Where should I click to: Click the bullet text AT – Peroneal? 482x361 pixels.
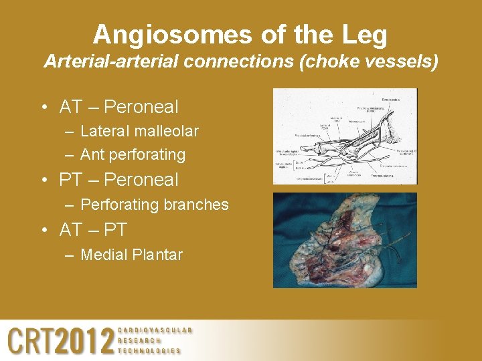click(x=118, y=107)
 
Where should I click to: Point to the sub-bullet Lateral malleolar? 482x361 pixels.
click(x=139, y=131)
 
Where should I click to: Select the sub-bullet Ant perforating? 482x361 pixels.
click(x=133, y=154)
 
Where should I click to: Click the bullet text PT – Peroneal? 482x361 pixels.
click(x=118, y=180)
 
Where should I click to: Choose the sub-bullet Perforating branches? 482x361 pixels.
click(x=154, y=205)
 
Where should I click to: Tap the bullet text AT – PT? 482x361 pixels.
click(x=93, y=230)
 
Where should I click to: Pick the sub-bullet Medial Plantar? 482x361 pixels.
click(x=131, y=254)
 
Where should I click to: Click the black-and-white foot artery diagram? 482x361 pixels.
click(x=345, y=136)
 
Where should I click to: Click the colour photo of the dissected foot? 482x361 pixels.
click(x=345, y=240)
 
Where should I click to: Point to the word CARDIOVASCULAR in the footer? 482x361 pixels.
click(x=155, y=330)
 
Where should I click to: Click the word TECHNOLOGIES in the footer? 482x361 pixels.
click(x=149, y=350)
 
